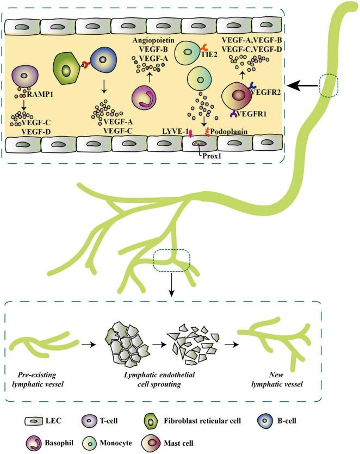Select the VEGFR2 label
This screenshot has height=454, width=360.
[267, 93]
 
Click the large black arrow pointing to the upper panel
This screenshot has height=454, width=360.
[303, 85]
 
